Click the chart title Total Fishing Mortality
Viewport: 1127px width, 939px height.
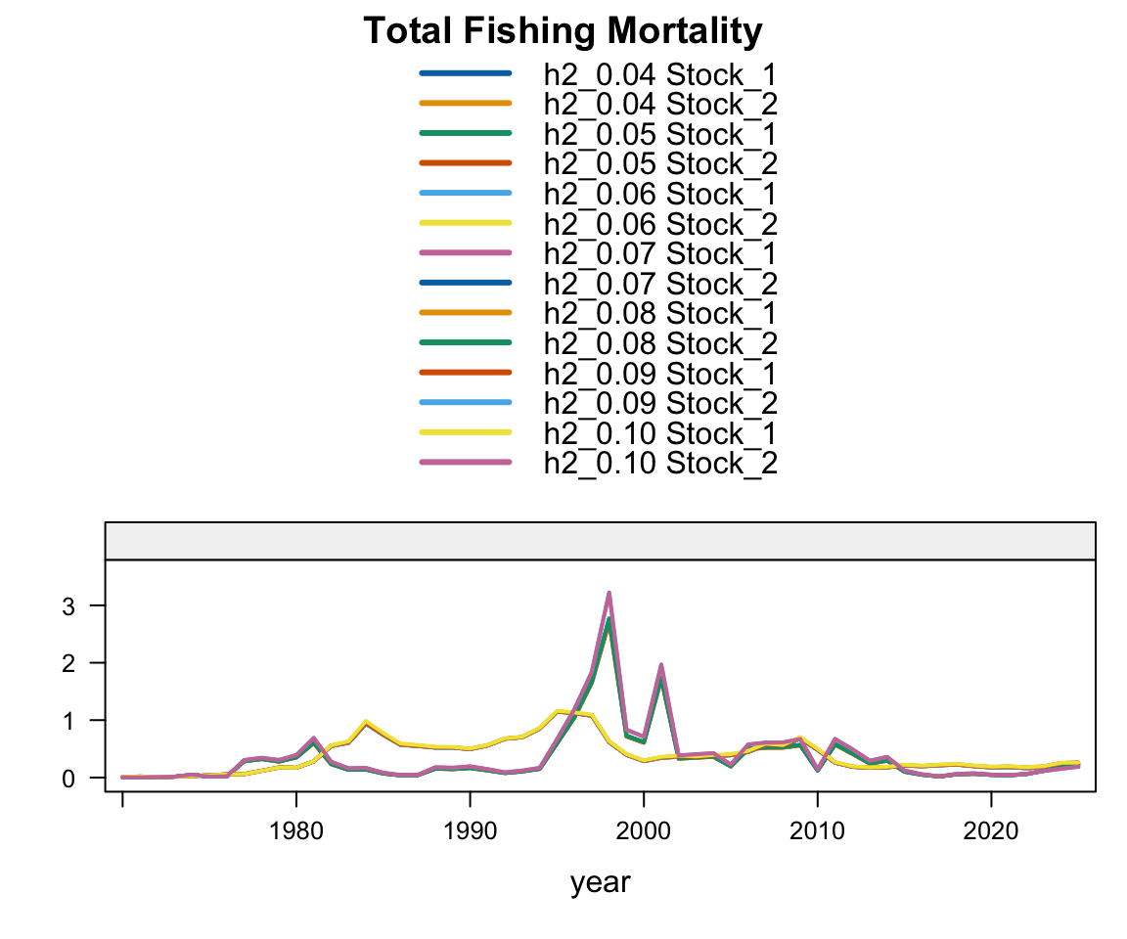tap(563, 31)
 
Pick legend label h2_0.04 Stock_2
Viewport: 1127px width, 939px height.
tap(660, 103)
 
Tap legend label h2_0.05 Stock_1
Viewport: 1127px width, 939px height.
tap(660, 133)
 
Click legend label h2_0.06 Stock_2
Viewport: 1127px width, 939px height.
tap(660, 223)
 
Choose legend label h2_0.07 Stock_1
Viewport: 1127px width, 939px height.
tap(660, 253)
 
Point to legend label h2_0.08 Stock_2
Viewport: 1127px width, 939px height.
tap(660, 343)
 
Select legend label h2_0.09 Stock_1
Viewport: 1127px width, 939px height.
tap(660, 373)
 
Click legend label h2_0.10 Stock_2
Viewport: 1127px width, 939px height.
tap(660, 463)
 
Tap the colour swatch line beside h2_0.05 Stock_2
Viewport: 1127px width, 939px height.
tap(465, 162)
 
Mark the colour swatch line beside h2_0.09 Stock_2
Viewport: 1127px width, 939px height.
tap(465, 402)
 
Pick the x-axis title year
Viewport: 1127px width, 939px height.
tap(601, 882)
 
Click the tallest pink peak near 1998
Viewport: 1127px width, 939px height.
tap(609, 593)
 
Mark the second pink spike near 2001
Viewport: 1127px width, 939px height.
tap(661, 665)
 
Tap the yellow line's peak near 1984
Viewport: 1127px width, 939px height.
tap(366, 722)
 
